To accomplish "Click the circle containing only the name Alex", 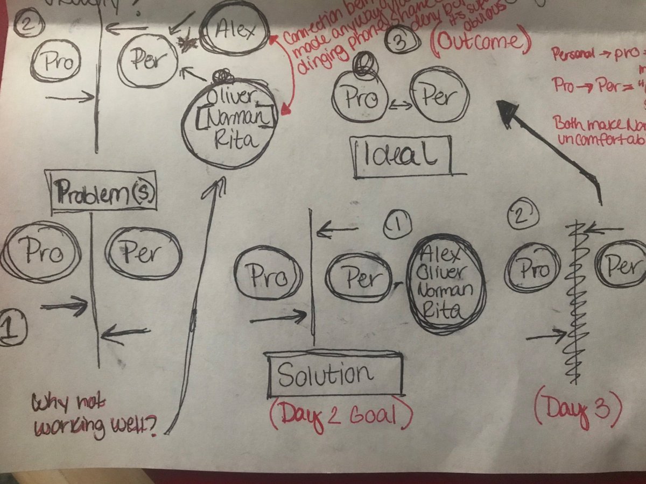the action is coord(234,31).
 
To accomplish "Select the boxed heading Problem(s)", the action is coord(102,191).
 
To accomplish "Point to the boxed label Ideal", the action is coord(401,154).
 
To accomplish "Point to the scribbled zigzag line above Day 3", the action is coord(575,301).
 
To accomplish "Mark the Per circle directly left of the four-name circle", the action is coord(359,279).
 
